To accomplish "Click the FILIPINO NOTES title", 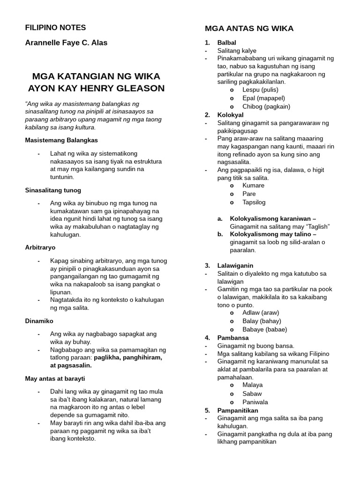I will pos(55,28).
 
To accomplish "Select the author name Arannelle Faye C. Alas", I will pos(66,43).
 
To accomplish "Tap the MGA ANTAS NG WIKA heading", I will pos(249,29).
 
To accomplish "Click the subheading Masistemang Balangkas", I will pos(61,140).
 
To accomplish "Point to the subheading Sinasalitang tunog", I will pos(52,190).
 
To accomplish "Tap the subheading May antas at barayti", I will pos(55,378).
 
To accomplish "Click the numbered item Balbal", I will pos(226,43).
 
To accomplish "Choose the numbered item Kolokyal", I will pos(230,115).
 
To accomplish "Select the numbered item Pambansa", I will pos(233,337).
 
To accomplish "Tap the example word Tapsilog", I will pos(254,202).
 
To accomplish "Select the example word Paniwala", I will pos(255,402).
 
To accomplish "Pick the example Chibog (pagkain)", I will pos(266,106).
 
